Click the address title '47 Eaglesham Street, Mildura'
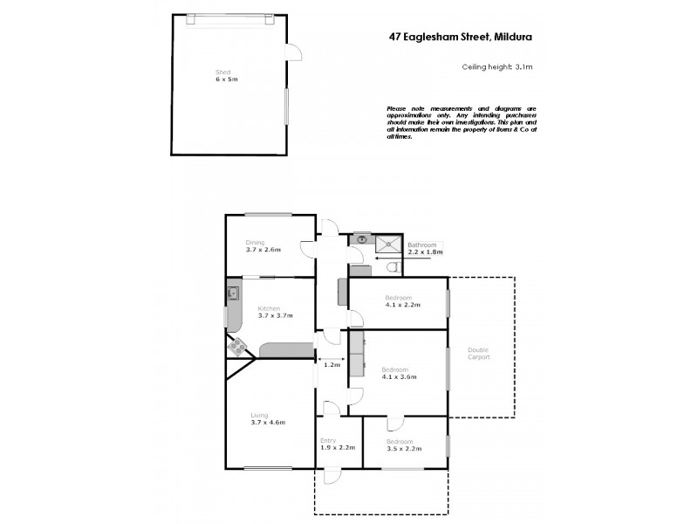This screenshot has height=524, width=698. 460,37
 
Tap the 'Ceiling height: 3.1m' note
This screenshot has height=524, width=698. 496,66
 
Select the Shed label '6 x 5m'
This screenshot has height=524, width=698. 227,79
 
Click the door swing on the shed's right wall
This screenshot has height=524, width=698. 296,52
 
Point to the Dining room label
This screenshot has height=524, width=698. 255,243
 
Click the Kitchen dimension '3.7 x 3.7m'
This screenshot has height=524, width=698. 269,316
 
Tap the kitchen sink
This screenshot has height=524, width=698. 233,293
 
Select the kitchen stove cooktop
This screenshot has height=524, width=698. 236,346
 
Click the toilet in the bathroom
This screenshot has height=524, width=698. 393,266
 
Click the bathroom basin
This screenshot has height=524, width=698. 361,238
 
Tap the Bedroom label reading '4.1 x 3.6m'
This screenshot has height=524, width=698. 400,377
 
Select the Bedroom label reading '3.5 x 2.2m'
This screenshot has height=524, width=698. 403,449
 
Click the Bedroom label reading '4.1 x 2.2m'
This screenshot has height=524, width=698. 403,305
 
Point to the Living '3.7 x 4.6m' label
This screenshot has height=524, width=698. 268,423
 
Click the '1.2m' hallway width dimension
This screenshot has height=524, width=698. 332,366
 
